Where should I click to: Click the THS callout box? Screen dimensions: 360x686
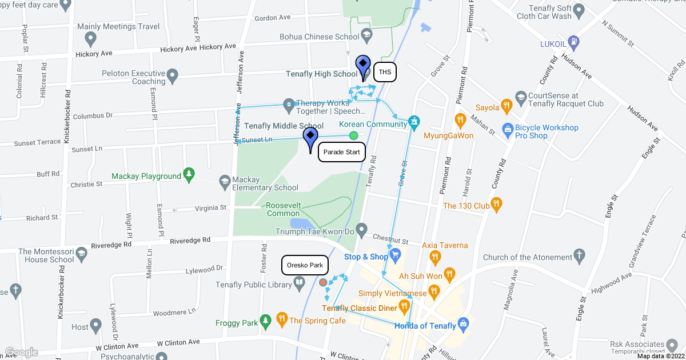pos(385,73)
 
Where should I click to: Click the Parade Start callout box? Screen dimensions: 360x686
pos(341,152)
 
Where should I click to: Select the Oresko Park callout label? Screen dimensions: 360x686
pos(305,265)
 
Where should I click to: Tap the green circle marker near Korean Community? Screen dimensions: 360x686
pos(353,135)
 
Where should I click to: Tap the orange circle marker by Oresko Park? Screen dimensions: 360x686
pos(323,282)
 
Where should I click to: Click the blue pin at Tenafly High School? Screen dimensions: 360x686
pos(363,67)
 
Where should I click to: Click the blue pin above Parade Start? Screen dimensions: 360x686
pos(310,139)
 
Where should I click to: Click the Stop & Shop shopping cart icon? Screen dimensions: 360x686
pos(394,255)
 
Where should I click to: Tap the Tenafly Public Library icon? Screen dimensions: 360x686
pos(299,282)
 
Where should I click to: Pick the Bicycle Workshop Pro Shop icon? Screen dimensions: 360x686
pos(506,128)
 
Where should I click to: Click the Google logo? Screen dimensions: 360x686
pos(21,352)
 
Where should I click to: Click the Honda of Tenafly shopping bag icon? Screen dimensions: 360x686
pos(464,323)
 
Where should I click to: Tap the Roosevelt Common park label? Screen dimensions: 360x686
pos(282,209)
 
